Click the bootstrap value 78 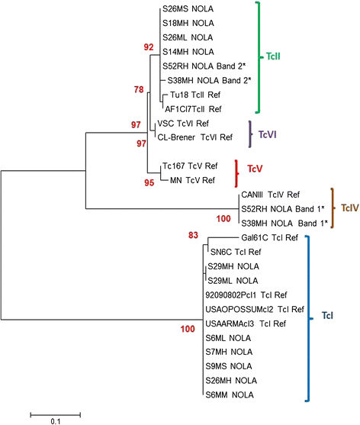pos(138,90)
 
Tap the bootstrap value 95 pos(149,182)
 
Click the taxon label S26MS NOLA pos(188,8)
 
